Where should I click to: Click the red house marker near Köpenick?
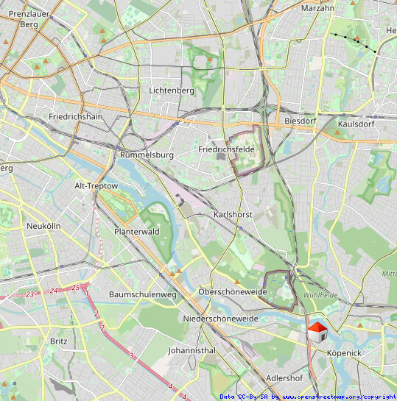click(x=317, y=332)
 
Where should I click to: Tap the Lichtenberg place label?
click(x=171, y=91)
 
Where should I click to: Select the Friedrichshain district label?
click(x=75, y=117)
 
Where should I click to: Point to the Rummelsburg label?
click(x=146, y=155)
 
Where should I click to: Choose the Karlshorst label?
click(x=233, y=214)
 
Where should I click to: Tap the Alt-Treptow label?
click(x=96, y=186)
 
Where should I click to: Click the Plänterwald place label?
click(x=137, y=231)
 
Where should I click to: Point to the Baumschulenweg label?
click(x=143, y=294)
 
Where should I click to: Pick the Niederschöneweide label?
click(x=220, y=319)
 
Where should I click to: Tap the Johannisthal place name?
click(x=192, y=351)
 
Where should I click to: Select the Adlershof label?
click(x=284, y=378)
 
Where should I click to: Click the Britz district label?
click(x=58, y=341)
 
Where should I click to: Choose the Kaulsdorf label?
click(x=355, y=124)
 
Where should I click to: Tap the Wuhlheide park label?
click(x=324, y=294)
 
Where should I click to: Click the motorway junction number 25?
click(x=75, y=287)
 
